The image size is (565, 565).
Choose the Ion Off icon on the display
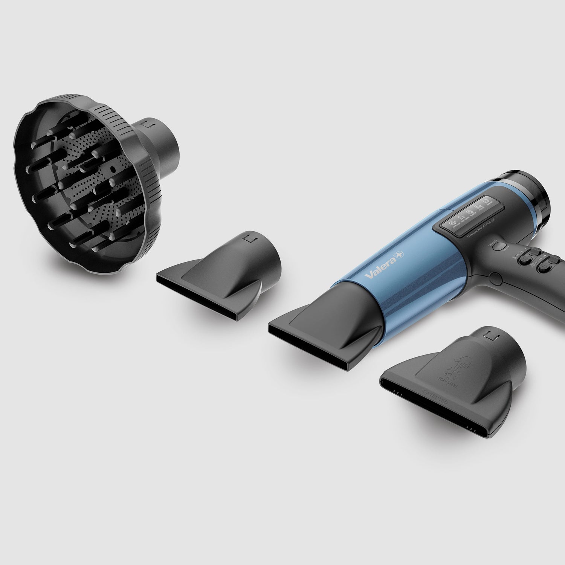click(486, 201)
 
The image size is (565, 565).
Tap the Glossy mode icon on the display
click(469, 213)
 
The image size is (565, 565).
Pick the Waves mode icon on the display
click(478, 206)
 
